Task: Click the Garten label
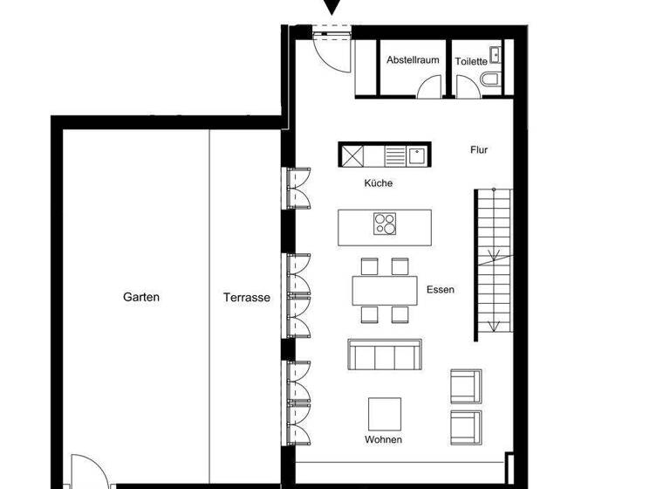(141, 297)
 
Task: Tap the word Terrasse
(246, 297)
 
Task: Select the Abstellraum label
(414, 60)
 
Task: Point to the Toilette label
(471, 61)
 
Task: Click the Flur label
(479, 150)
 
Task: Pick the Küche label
(379, 183)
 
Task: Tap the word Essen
(441, 290)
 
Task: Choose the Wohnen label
(384, 439)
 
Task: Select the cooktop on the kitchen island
(385, 224)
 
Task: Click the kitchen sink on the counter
(417, 155)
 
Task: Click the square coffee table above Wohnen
(384, 414)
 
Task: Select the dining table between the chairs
(384, 290)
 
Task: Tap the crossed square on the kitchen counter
(352, 155)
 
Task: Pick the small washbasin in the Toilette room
(496, 54)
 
